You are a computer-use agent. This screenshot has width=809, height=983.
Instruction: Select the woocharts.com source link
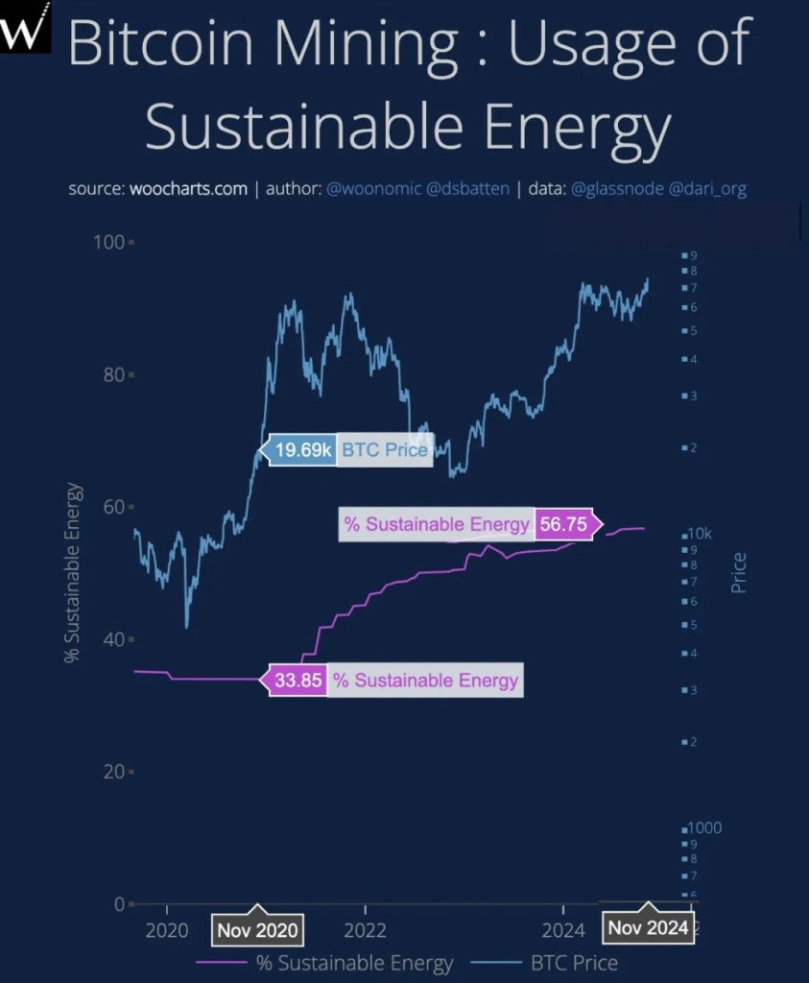click(x=188, y=188)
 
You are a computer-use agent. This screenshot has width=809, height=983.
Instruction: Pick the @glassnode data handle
click(x=616, y=188)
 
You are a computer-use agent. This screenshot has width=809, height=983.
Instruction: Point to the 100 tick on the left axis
click(x=108, y=242)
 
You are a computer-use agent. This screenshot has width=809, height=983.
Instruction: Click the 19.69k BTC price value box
click(x=302, y=449)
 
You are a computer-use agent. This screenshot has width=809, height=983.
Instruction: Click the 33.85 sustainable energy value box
click(x=297, y=681)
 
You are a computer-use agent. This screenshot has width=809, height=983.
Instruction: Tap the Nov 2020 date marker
click(x=257, y=929)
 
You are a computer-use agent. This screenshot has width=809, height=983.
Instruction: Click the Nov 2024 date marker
click(x=648, y=927)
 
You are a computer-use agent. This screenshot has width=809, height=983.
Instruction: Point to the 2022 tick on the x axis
click(x=365, y=929)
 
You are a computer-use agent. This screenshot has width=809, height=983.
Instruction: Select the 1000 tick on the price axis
click(x=703, y=828)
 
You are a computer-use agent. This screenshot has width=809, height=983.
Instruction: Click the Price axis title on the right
click(x=739, y=571)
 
